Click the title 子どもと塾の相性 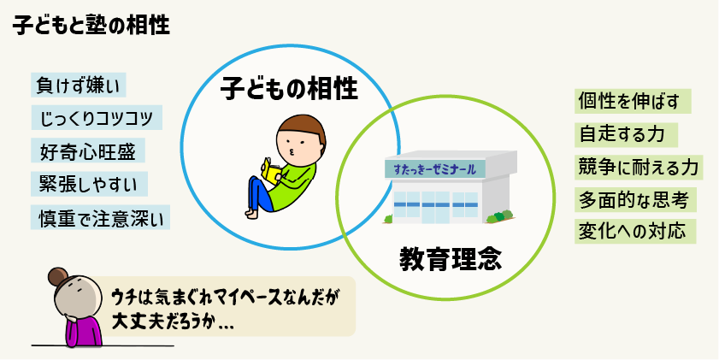tap(91, 26)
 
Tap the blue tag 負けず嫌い tap(79, 86)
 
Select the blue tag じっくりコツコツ tap(97, 117)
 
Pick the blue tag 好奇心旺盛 tap(88, 150)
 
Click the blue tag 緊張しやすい tap(90, 184)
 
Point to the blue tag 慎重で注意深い tap(100, 217)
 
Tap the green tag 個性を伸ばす tap(633, 102)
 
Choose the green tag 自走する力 tap(626, 135)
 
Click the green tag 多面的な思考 tap(635, 200)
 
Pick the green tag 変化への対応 tap(635, 231)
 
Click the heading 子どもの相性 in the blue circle tap(289, 89)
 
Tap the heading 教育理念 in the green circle tap(451, 259)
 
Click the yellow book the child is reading tap(271, 171)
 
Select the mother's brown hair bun tap(58, 277)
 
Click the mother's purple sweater tap(84, 330)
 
